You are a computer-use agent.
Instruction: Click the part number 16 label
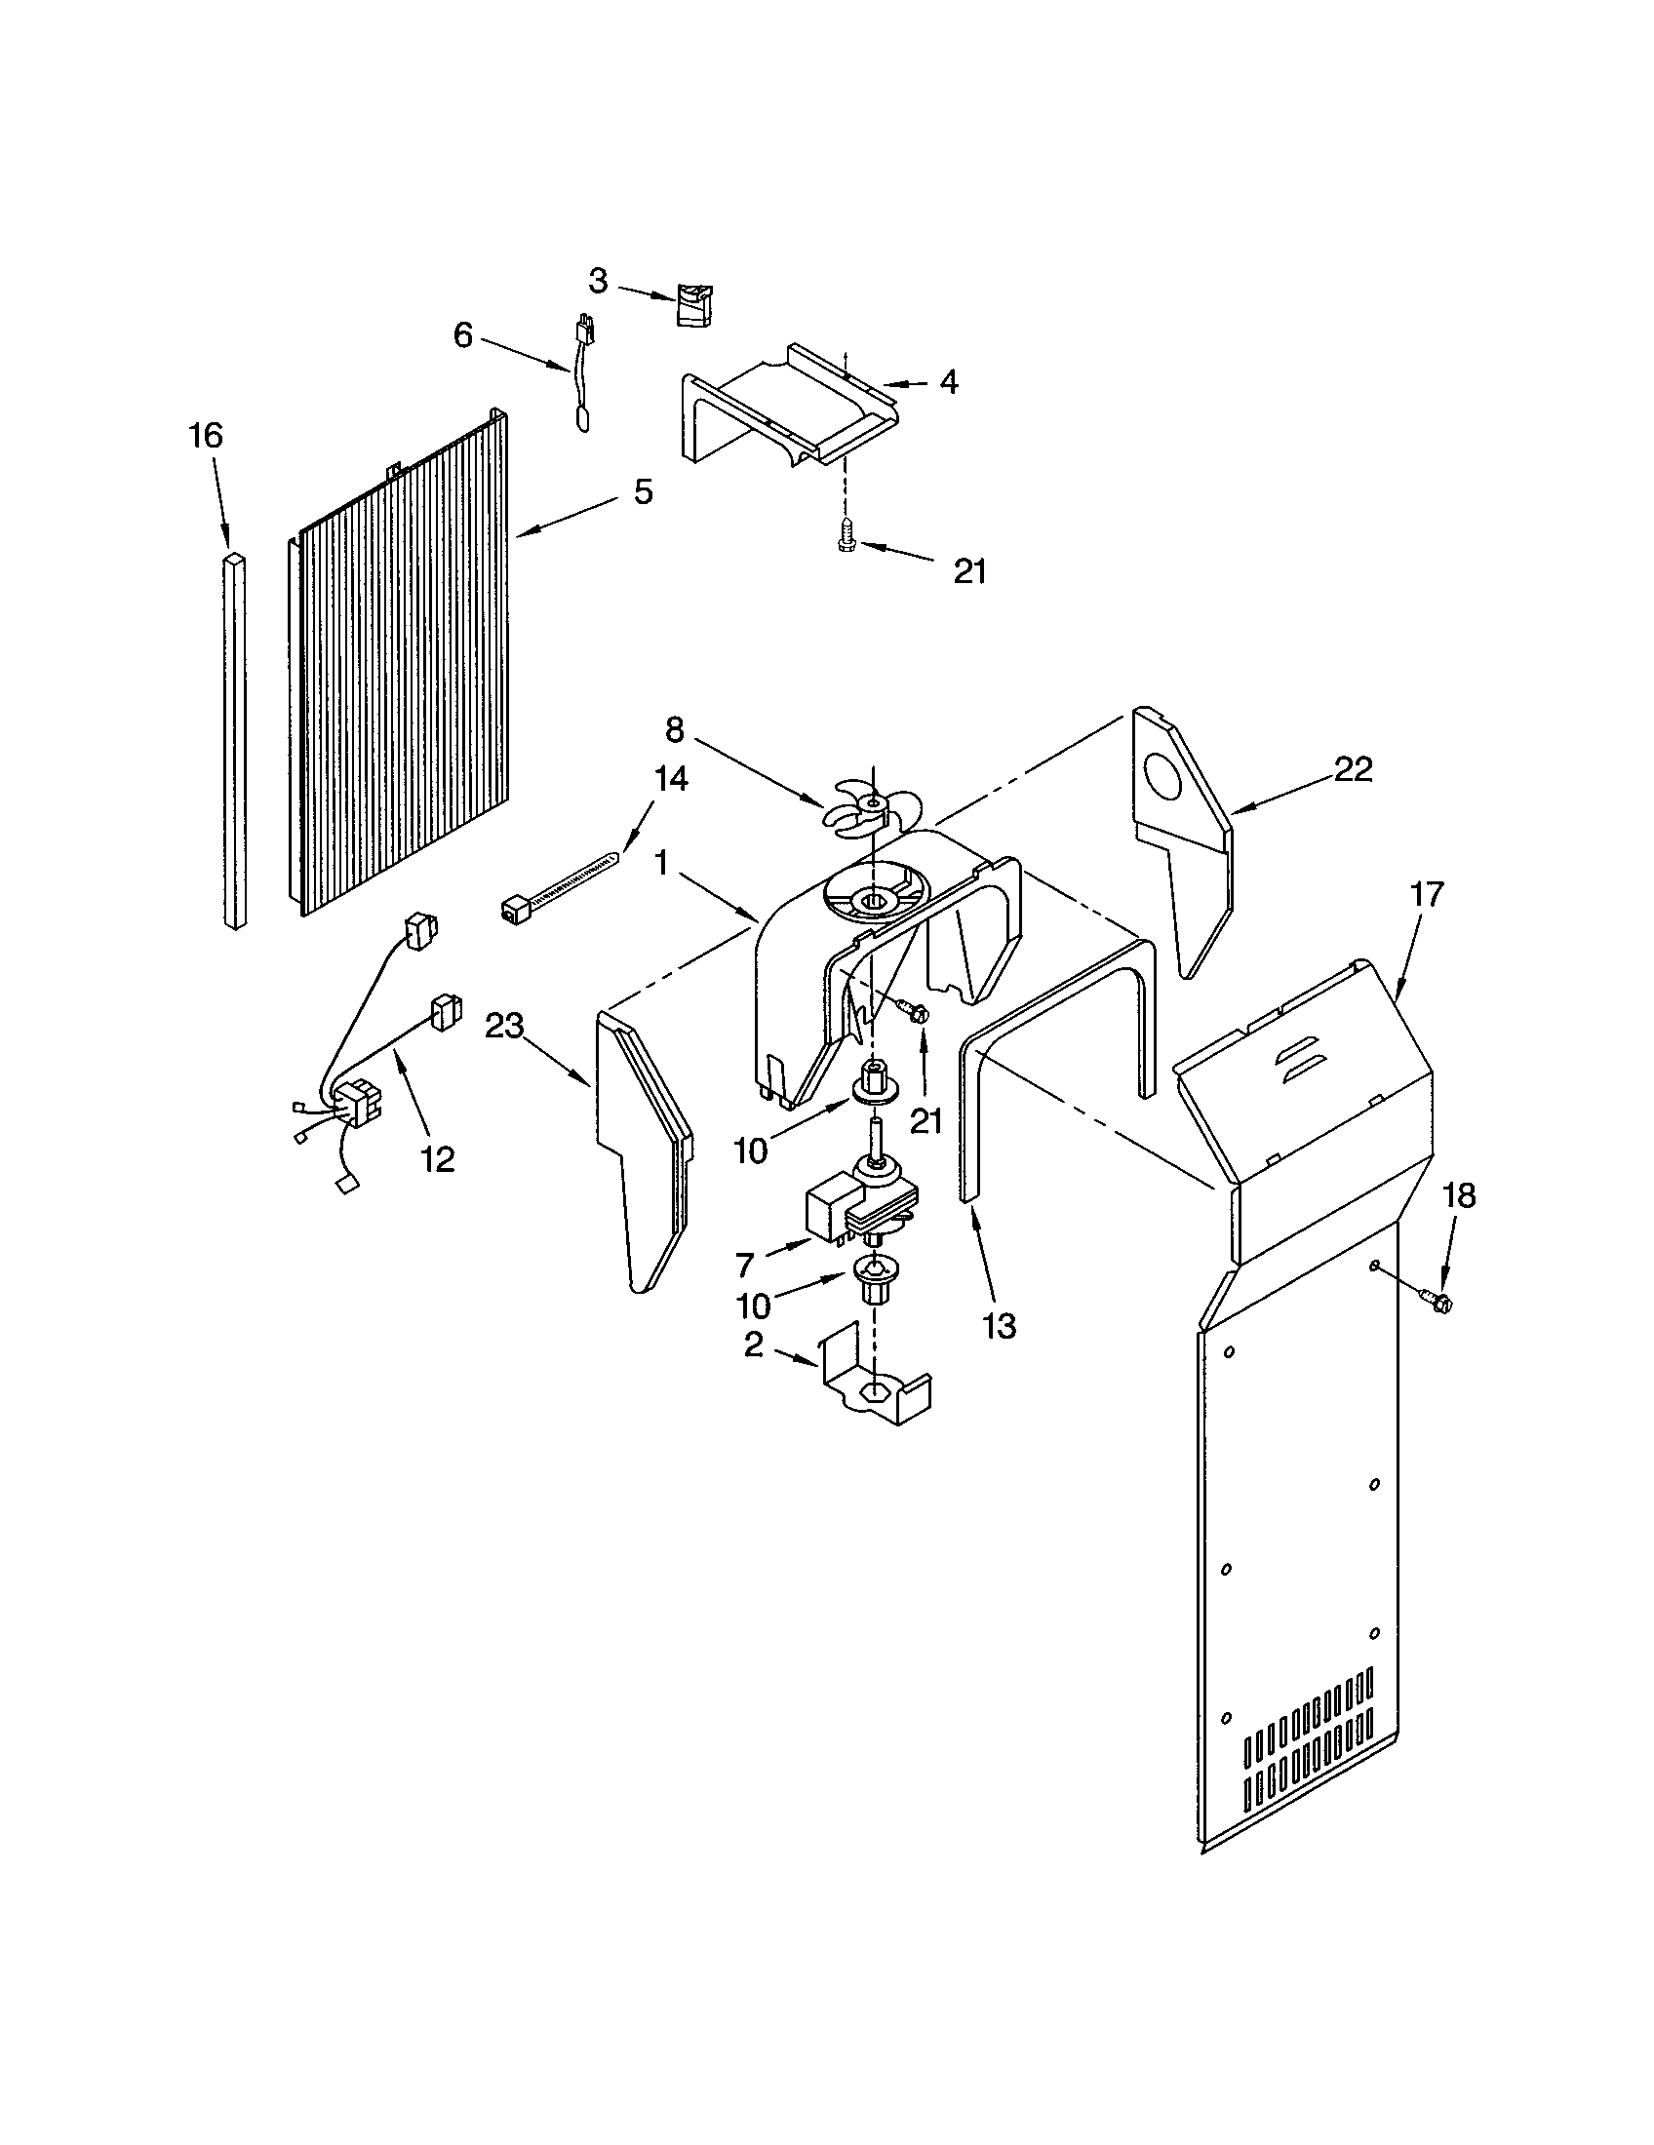point(206,435)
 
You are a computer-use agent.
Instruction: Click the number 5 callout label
point(643,492)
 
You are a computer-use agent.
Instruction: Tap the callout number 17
point(1426,894)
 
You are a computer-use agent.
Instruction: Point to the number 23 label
point(505,1027)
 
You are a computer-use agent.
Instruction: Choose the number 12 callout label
point(438,1159)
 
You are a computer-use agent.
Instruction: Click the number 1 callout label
point(661,864)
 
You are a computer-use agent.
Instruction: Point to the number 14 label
point(670,779)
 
